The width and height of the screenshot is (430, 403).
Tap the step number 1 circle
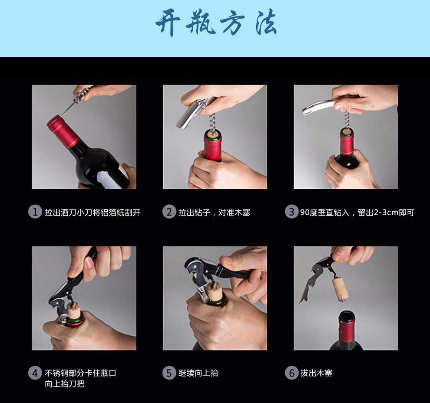[35, 212]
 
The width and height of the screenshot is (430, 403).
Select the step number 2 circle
[169, 212]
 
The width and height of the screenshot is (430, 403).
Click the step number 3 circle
[291, 212]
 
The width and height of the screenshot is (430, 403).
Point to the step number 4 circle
[35, 373]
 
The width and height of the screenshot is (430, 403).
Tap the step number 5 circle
[169, 373]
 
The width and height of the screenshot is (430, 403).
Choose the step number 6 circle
[291, 373]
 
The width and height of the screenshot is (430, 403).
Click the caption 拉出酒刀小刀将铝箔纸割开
[93, 212]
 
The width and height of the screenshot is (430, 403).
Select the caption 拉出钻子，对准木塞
[214, 212]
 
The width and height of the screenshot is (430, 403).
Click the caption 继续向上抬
[198, 373]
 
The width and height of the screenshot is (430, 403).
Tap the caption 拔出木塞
[316, 373]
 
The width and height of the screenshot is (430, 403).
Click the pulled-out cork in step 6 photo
[341, 289]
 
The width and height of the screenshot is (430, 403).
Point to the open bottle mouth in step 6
[347, 315]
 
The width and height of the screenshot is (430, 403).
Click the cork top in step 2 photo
[213, 134]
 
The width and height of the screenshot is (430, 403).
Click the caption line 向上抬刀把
[64, 384]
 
